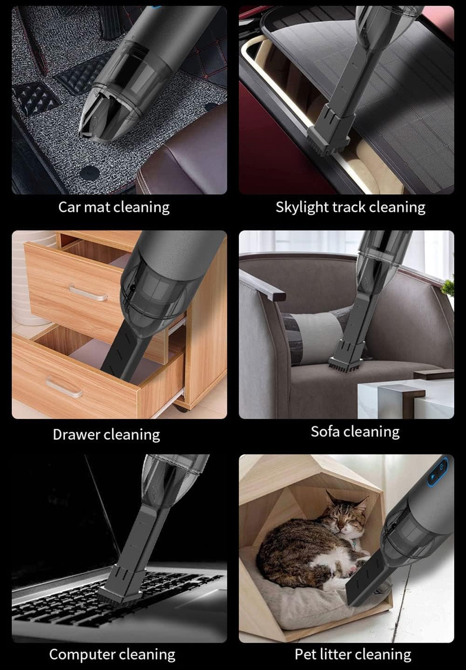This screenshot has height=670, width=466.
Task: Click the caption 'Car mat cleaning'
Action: tap(114, 207)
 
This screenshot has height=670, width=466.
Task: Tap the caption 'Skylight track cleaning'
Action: tap(350, 207)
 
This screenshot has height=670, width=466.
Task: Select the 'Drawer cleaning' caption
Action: tap(106, 434)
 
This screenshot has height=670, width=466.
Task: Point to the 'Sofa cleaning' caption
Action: tap(355, 432)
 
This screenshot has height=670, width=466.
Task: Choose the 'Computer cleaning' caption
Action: tap(112, 654)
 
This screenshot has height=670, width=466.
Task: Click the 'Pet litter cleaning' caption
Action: tap(353, 654)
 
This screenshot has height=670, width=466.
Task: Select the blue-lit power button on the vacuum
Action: tap(441, 465)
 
